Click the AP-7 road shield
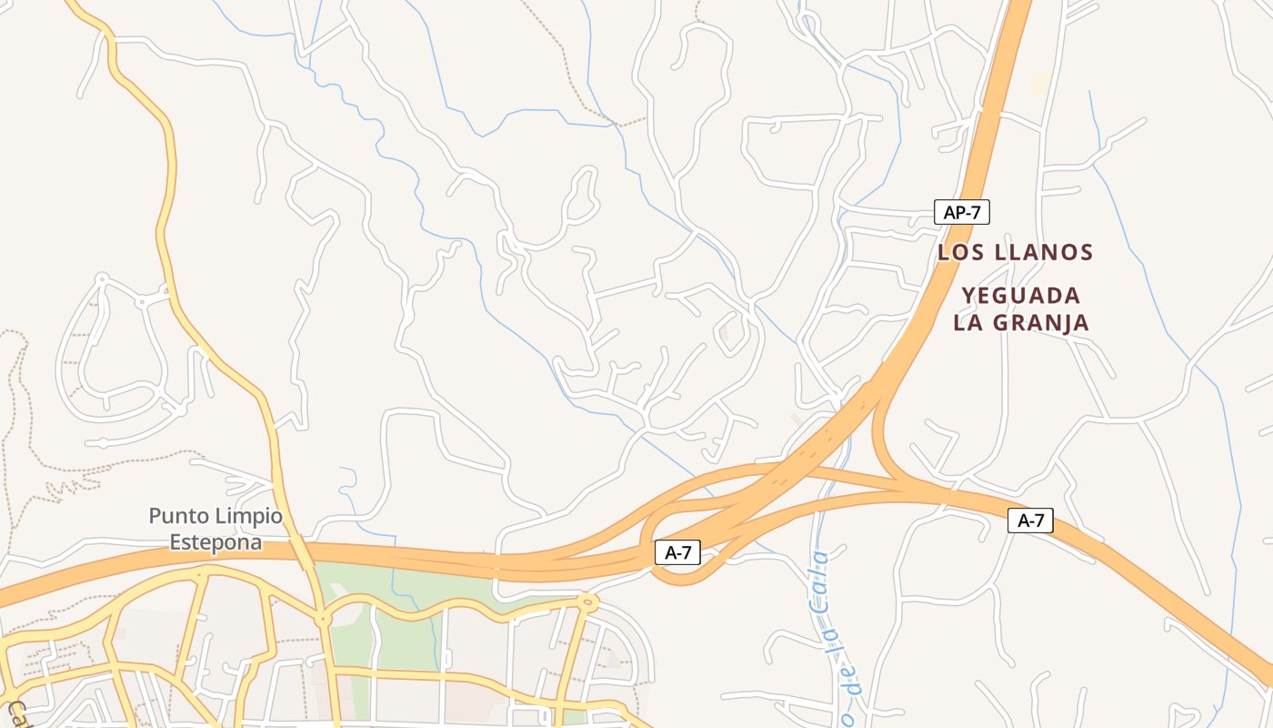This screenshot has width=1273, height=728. click(x=961, y=213)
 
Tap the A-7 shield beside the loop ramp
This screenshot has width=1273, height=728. click(x=677, y=552)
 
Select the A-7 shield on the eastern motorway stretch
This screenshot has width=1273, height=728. click(x=1030, y=521)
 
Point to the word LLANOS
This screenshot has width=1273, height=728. click(x=1044, y=252)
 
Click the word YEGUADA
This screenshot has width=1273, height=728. click(x=1021, y=296)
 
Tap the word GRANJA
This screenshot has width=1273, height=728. click(x=1046, y=322)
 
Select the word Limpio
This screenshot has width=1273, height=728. click(x=248, y=517)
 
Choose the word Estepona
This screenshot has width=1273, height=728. click(x=216, y=543)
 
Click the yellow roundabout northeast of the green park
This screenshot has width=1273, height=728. click(x=586, y=601)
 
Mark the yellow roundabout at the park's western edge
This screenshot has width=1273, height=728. click(x=323, y=620)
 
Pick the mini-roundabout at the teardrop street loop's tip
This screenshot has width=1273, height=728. click(x=101, y=278)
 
